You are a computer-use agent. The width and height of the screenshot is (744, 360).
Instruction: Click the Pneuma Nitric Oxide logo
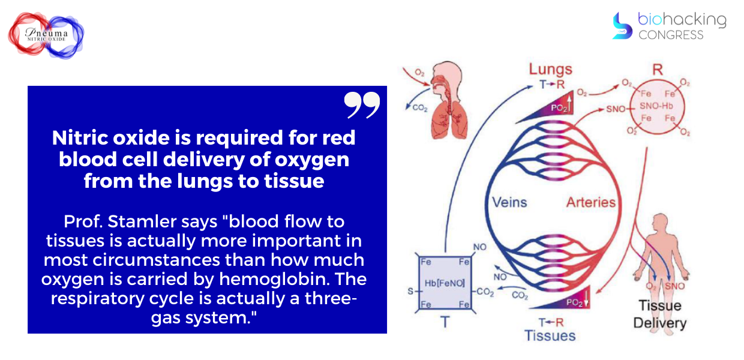(x=46, y=35)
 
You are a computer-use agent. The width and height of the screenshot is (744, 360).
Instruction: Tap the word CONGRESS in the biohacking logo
(x=671, y=35)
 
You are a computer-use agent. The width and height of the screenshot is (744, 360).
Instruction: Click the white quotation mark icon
(x=362, y=105)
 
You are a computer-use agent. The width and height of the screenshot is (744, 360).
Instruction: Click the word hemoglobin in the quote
(x=274, y=279)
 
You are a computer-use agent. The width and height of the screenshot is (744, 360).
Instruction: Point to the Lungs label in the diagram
(x=550, y=70)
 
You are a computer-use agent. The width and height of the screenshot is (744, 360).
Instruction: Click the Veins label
(x=509, y=202)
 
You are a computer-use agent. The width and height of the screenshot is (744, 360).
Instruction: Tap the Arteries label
(x=591, y=202)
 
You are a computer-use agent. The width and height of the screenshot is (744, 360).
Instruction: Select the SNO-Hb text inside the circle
(x=656, y=106)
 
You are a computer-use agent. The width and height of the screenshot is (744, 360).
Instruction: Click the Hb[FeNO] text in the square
(x=445, y=283)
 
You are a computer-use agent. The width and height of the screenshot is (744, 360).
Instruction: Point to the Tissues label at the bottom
(x=550, y=335)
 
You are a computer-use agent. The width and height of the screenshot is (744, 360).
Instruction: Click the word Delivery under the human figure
(x=659, y=323)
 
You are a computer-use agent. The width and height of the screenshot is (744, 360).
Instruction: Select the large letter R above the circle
(x=658, y=70)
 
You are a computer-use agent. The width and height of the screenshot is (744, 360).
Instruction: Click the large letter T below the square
(x=445, y=322)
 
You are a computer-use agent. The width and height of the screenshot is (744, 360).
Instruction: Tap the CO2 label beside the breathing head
(x=420, y=107)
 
